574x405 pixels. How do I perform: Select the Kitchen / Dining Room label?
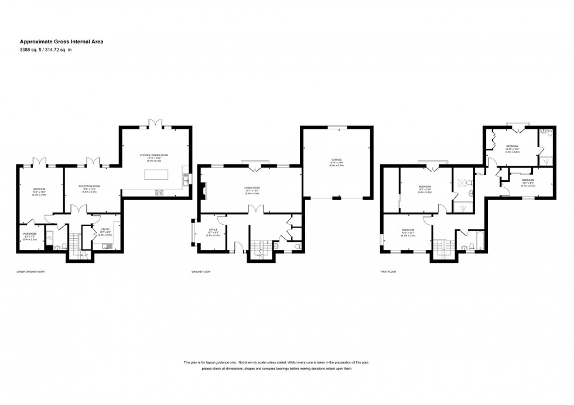click(153, 156)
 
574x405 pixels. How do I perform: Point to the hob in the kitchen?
click(158, 193)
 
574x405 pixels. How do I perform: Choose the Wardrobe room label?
click(29, 237)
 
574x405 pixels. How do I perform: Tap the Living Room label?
click(252, 189)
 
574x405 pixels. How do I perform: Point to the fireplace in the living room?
click(202, 191)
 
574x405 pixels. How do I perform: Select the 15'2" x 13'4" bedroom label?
click(425, 188)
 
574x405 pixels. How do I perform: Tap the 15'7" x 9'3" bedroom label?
click(528, 181)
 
